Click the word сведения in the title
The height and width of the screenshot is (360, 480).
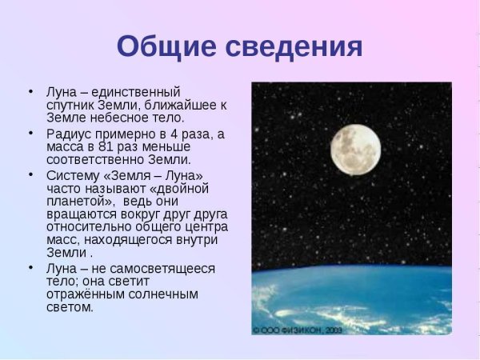pyautogui.click(x=294, y=46)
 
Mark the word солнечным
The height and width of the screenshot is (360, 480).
pyautogui.click(x=163, y=294)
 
